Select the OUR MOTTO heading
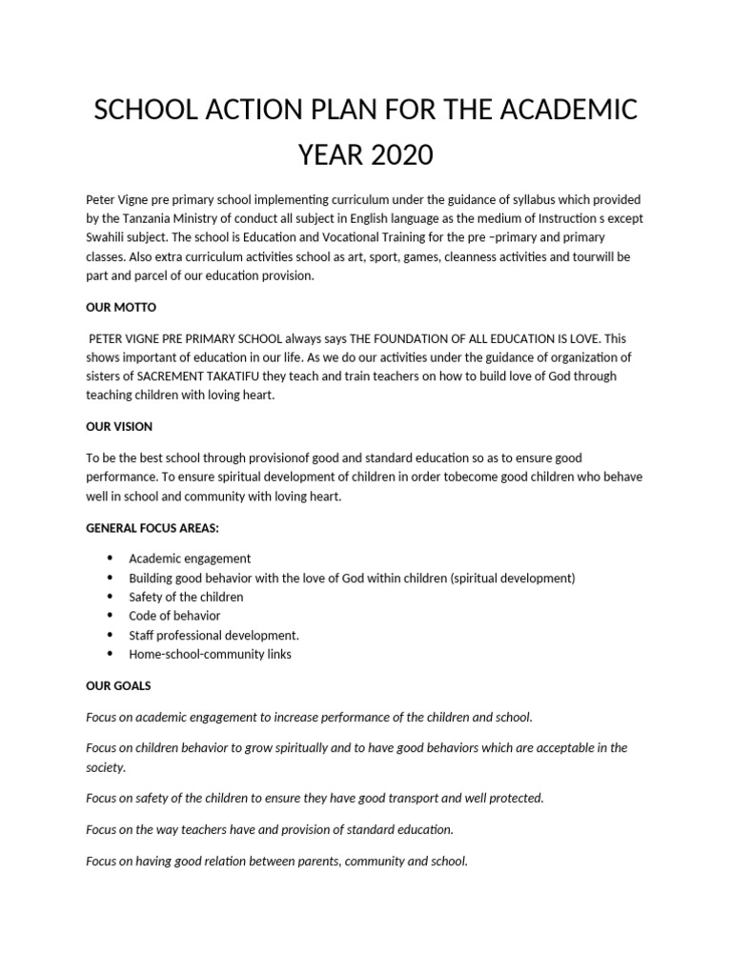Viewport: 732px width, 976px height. pyautogui.click(x=120, y=309)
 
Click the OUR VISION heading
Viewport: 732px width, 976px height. pyautogui.click(x=119, y=426)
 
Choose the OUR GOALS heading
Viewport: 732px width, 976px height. pyautogui.click(x=118, y=685)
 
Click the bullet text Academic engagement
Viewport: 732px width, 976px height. pyautogui.click(x=190, y=559)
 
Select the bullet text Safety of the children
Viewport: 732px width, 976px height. pyautogui.click(x=186, y=597)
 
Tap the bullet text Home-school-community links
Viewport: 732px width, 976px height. pyautogui.click(x=210, y=654)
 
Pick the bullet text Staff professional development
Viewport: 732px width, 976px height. pyautogui.click(x=213, y=635)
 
